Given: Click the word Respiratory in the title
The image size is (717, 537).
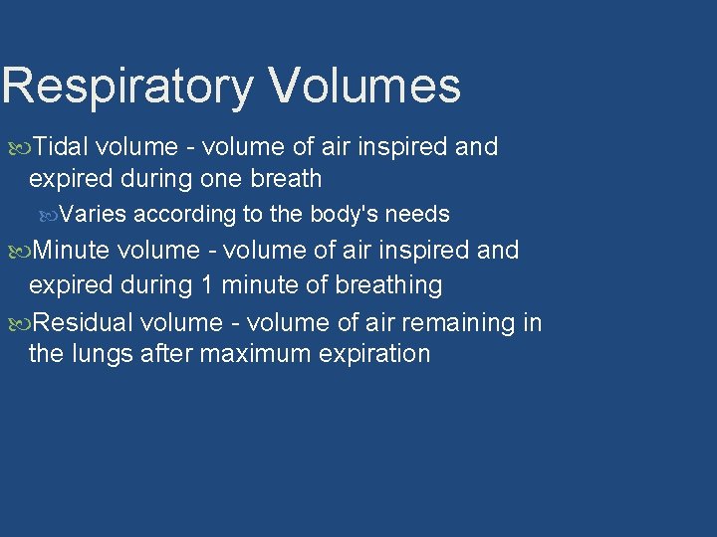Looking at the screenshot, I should [128, 87].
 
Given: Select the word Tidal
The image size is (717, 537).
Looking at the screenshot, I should [62, 147].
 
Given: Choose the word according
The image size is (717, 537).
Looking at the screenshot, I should [183, 215].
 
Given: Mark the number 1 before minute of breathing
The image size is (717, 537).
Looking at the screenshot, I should [207, 285].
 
